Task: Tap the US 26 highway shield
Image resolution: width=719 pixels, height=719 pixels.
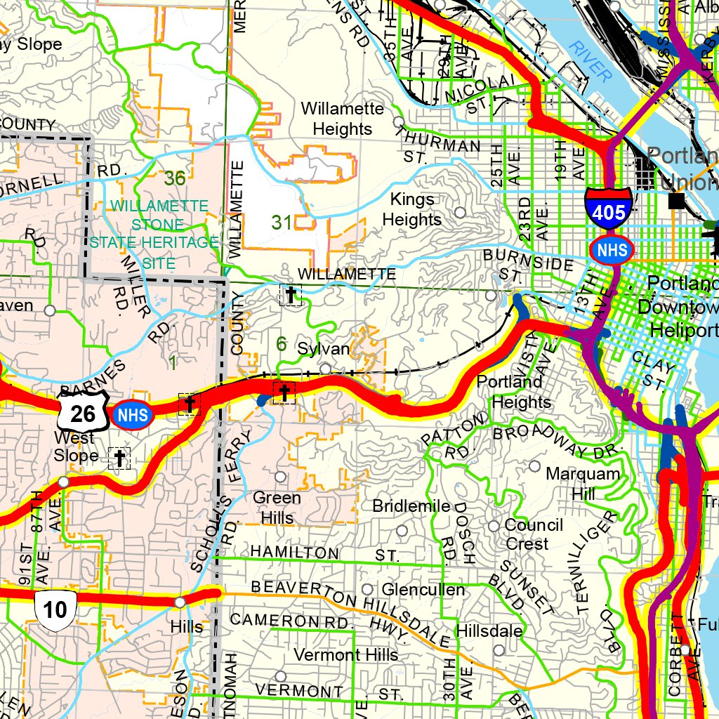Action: (x=83, y=412)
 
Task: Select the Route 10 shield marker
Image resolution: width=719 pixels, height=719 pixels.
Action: (x=55, y=608)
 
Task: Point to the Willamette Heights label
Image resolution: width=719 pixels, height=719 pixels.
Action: (x=343, y=119)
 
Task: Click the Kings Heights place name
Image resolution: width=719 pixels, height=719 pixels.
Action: (x=411, y=210)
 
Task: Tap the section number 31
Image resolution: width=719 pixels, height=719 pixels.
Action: (x=282, y=223)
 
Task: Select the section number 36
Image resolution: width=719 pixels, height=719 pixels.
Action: (x=175, y=178)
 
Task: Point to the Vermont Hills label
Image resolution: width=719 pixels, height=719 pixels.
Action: (x=346, y=655)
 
